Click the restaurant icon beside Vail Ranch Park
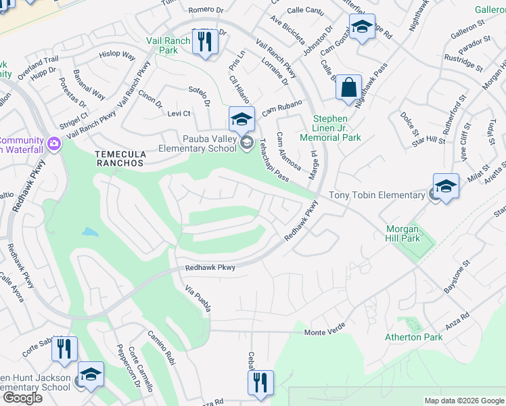coord(204,42)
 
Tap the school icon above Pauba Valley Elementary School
coord(241,119)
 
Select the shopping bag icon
coord(348,87)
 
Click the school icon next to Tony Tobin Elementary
coord(446,186)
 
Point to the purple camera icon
coord(54,143)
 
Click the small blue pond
coord(90,232)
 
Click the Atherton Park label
coord(413,337)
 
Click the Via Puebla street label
coord(198,298)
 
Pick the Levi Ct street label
coord(179,114)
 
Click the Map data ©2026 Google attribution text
coord(463,401)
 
